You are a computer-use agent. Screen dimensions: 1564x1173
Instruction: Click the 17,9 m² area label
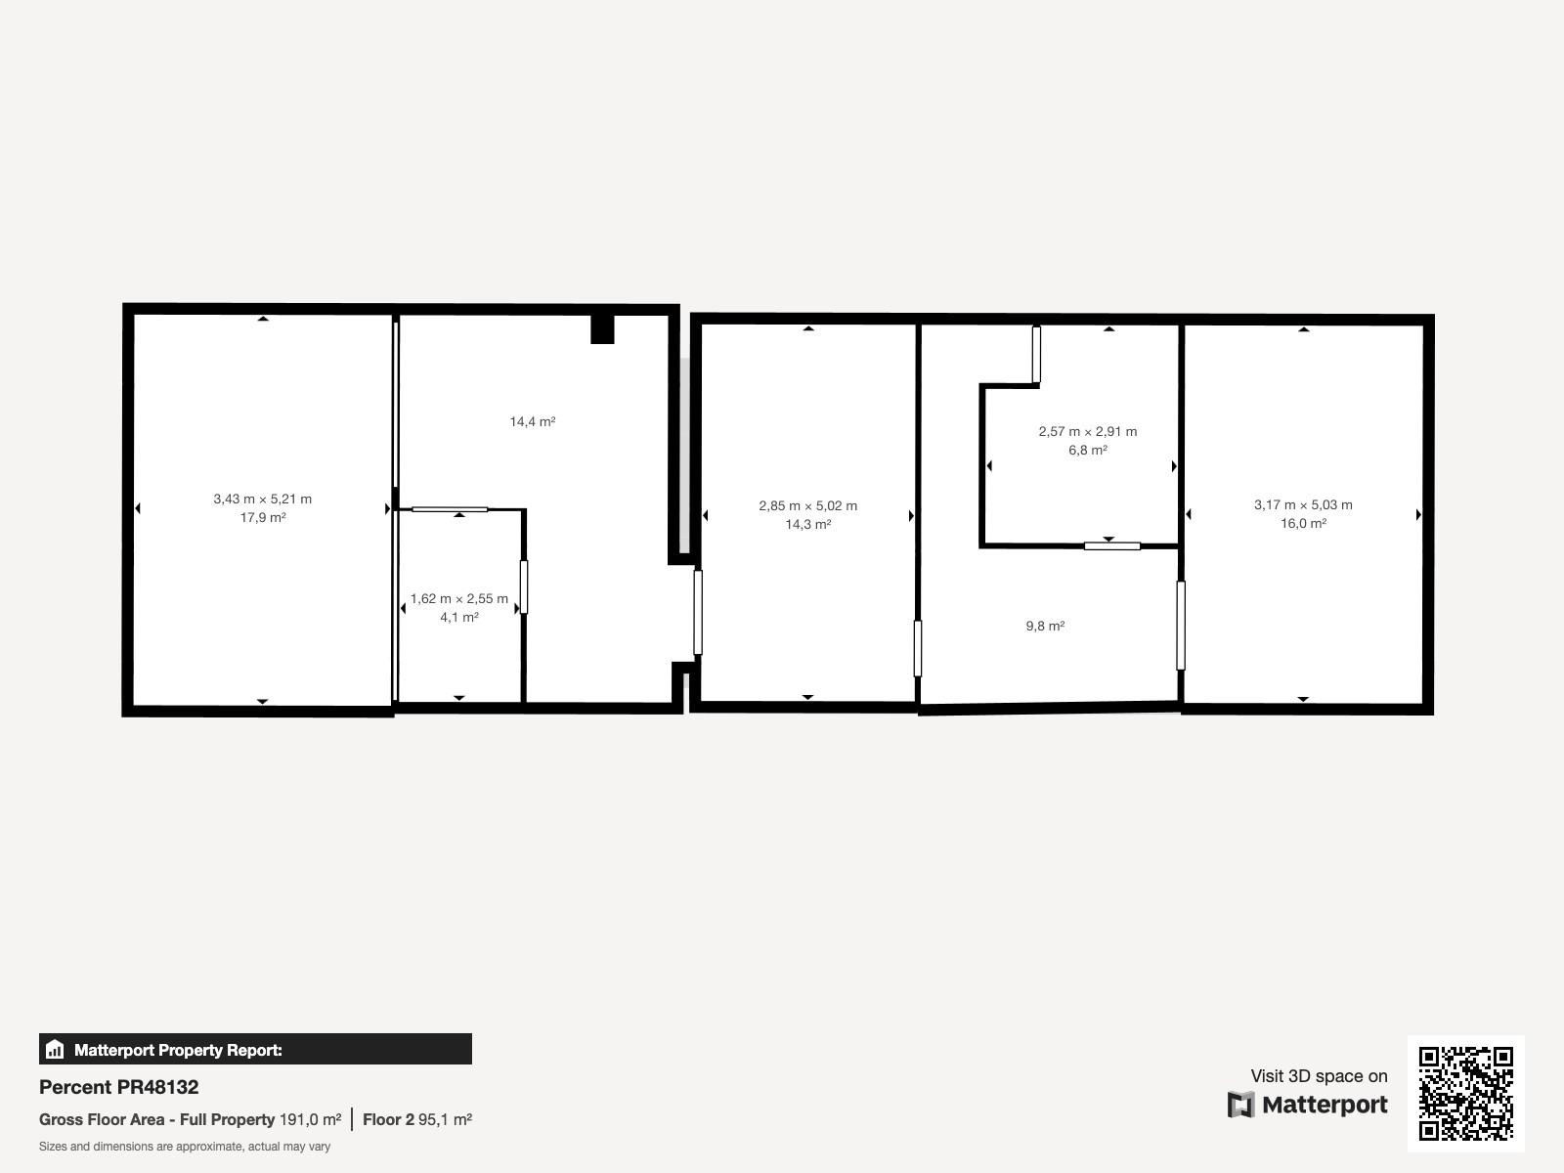point(263,518)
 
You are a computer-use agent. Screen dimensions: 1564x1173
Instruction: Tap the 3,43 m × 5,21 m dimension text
point(262,500)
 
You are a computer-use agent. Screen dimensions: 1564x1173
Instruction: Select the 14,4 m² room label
point(533,421)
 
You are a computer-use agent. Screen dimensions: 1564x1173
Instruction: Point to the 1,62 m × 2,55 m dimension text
point(458,599)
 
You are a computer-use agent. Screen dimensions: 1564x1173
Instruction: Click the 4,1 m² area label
point(458,618)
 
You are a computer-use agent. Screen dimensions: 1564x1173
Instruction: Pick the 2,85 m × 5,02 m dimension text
point(808,506)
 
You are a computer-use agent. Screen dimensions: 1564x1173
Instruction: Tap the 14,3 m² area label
point(808,525)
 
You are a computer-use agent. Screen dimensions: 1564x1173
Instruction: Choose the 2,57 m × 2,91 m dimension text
point(1087,432)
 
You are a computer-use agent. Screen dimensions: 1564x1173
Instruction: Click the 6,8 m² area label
point(1087,450)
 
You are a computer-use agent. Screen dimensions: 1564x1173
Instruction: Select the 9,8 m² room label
point(1045,626)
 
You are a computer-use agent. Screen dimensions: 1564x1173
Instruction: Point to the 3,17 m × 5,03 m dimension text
point(1303,505)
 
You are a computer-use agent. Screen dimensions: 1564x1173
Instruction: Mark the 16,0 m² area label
point(1303,524)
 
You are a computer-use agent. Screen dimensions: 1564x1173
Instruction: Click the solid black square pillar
point(602,329)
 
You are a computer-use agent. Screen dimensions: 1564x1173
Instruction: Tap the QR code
point(1465,1093)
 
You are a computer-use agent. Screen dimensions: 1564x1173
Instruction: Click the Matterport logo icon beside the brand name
point(1240,1105)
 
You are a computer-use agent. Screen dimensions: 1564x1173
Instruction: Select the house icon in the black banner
point(55,1049)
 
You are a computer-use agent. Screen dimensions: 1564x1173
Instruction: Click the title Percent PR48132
point(119,1087)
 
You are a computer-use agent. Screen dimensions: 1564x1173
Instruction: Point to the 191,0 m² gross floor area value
point(310,1119)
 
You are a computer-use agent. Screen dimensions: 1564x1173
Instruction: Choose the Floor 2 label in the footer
point(388,1119)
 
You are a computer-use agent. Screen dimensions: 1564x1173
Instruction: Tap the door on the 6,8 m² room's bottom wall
point(1111,546)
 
